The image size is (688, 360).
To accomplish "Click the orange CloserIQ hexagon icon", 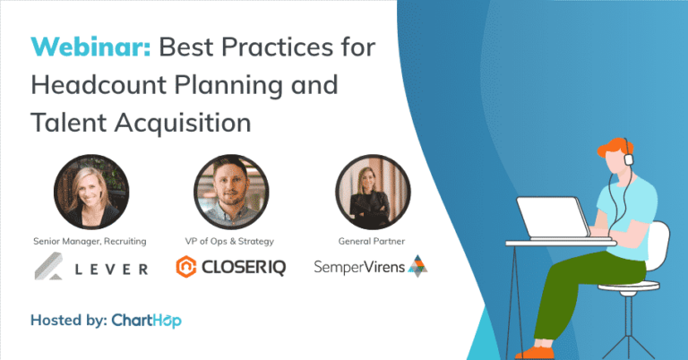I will [x=186, y=265].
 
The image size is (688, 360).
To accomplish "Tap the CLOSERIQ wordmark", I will [x=245, y=266].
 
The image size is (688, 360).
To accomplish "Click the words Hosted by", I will [x=68, y=320].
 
